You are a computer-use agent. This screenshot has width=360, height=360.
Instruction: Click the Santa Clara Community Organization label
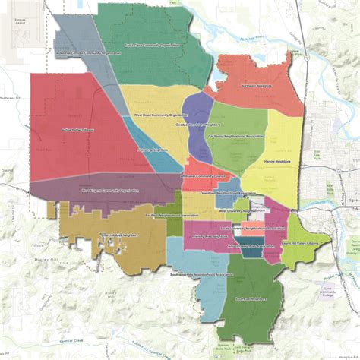(159, 46)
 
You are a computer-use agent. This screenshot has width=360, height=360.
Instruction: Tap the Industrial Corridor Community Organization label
(89, 53)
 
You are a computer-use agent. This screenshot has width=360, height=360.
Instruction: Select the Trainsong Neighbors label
(152, 150)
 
